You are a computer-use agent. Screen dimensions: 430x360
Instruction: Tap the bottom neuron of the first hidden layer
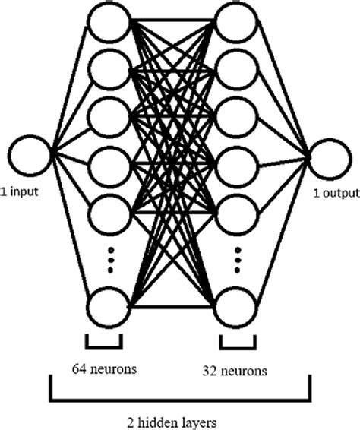tap(109, 308)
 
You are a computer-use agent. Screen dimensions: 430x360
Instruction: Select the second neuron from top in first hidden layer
tap(109, 70)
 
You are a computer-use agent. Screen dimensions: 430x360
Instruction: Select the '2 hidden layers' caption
tap(179, 418)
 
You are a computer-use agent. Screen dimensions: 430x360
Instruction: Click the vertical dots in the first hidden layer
tap(109, 261)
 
